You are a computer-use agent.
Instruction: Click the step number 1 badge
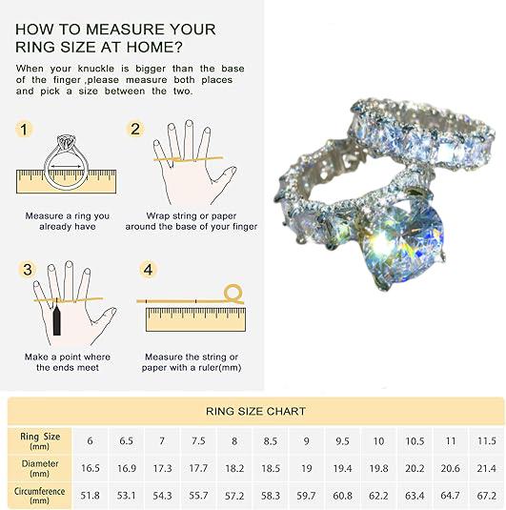click(x=24, y=129)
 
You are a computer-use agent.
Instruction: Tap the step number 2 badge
click(x=135, y=129)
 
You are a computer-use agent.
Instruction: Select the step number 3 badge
click(x=28, y=270)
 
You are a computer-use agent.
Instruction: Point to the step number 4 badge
click(x=148, y=270)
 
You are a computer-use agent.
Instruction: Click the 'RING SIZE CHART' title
click(x=255, y=411)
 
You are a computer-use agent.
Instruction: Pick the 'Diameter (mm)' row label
click(x=40, y=468)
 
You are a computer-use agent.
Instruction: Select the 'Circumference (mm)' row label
click(x=39, y=496)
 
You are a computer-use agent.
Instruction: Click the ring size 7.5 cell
click(x=198, y=441)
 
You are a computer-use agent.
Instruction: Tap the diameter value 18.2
click(x=234, y=468)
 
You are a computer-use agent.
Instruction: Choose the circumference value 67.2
click(x=487, y=496)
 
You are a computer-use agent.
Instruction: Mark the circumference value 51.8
click(x=91, y=496)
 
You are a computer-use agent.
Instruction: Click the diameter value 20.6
click(x=450, y=468)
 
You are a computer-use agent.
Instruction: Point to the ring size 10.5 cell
click(x=415, y=441)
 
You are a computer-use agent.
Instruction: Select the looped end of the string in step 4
click(x=233, y=294)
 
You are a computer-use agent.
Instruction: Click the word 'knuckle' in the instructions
click(x=96, y=69)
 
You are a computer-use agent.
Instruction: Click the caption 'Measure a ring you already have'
click(x=68, y=221)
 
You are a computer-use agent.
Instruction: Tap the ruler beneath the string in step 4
click(x=195, y=319)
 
